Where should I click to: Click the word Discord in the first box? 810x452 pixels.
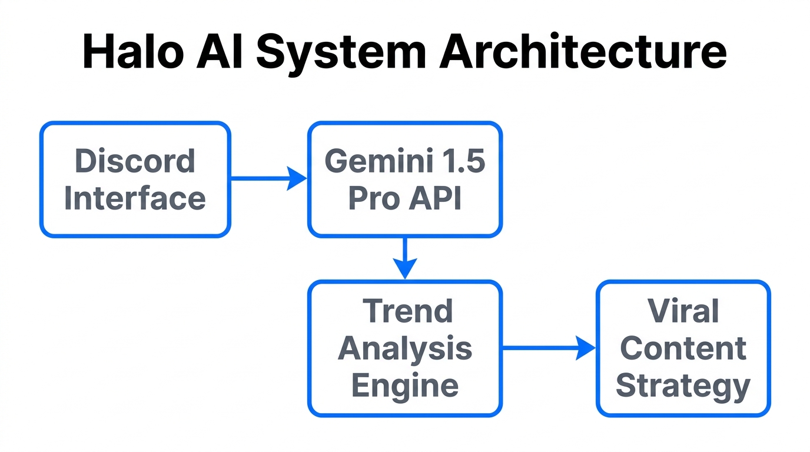pos(135,161)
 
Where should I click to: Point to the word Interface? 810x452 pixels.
pos(135,198)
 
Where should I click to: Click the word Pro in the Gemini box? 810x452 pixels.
pos(372,198)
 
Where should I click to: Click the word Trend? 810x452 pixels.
pos(407,311)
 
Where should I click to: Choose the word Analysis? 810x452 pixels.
pos(405,349)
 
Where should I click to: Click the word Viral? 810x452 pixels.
pos(683,311)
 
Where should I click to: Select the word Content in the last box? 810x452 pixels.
pos(683,348)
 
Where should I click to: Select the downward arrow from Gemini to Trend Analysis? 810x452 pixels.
pos(405,257)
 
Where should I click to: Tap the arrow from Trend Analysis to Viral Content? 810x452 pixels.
pos(547,348)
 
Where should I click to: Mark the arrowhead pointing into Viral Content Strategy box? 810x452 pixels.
pos(586,348)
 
